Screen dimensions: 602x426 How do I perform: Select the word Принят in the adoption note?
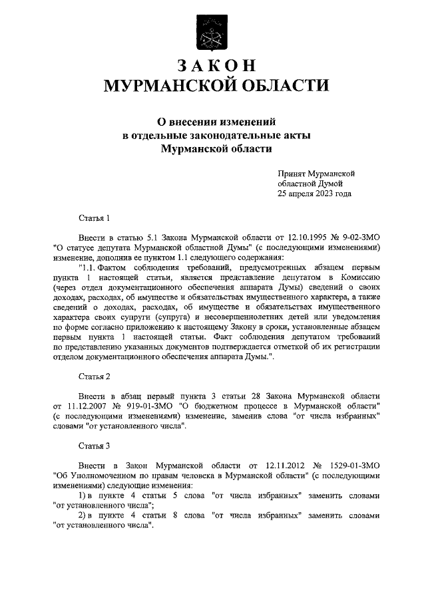(294, 173)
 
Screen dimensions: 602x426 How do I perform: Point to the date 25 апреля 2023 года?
(315, 194)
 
